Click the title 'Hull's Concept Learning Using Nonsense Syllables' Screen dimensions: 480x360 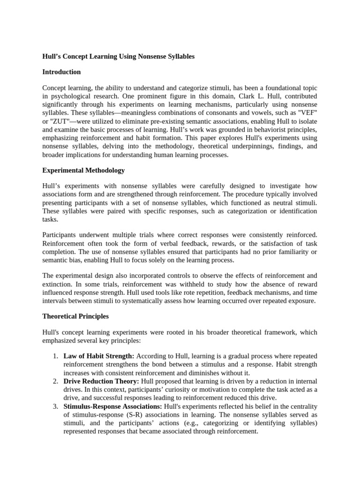118,56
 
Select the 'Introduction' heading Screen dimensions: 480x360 61,72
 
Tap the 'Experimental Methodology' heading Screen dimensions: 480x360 83,170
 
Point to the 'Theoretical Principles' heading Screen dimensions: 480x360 75,316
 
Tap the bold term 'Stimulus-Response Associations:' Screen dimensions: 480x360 113,406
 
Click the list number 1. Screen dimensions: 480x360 55,356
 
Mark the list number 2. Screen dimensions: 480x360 55,381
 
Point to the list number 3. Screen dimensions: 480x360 55,406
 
